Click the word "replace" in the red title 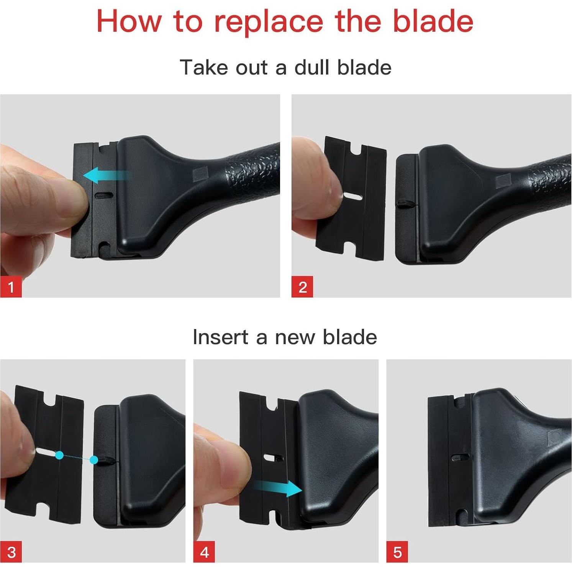(x=268, y=22)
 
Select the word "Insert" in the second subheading (x=221, y=337)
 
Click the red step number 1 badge (x=11, y=287)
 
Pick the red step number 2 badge (x=302, y=287)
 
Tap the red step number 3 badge (x=11, y=552)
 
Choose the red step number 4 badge (x=204, y=552)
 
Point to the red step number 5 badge (x=397, y=552)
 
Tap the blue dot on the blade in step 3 (x=59, y=455)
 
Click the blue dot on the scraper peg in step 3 (x=94, y=460)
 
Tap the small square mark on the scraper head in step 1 (x=199, y=175)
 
